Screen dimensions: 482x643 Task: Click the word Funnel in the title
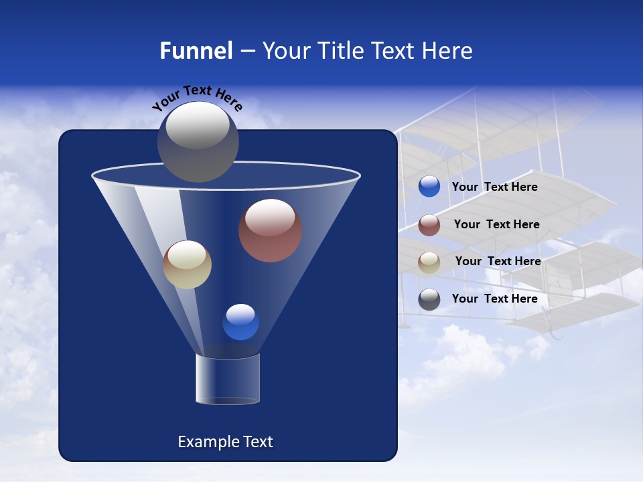196,51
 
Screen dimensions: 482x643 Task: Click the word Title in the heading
338,51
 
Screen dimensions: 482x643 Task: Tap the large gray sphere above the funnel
198,141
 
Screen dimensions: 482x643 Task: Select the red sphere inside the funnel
270,231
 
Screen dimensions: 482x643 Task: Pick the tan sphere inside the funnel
187,264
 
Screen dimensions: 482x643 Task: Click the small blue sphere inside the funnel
240,322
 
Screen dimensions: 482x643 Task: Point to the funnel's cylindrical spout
227,380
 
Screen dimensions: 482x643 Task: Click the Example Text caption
225,442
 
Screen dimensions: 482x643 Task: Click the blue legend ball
429,187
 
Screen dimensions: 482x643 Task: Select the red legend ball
429,225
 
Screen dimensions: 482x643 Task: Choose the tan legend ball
429,262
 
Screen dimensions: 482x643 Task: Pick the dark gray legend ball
429,299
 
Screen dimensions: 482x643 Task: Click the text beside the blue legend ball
494,187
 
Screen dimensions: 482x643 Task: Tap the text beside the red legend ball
496,224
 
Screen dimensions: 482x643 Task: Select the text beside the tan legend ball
498,261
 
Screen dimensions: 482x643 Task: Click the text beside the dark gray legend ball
494,299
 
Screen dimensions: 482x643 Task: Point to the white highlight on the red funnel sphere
270,218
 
